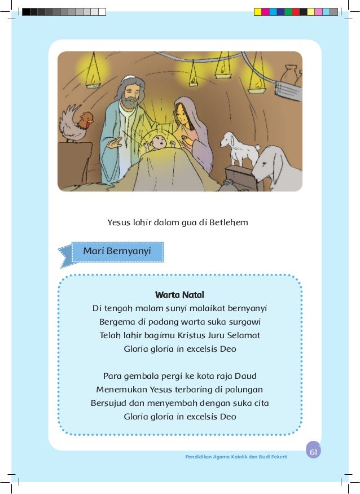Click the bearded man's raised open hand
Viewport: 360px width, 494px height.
pos(115,144)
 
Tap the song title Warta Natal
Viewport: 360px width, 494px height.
pos(179,295)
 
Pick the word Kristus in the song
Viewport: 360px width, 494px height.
pos(195,335)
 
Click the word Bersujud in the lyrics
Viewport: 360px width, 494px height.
pos(109,403)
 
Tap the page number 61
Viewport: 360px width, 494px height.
pos(314,452)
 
